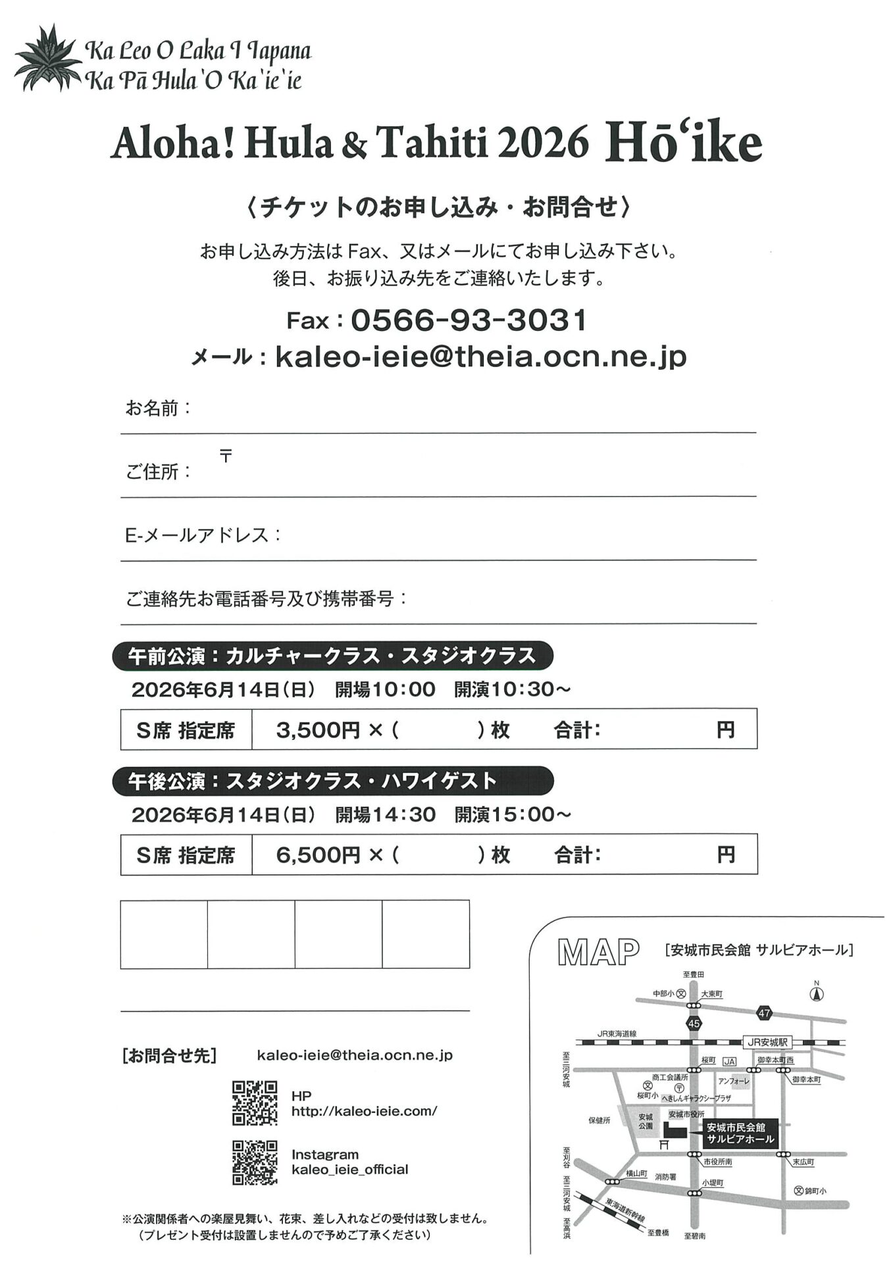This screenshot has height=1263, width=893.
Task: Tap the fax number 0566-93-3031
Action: pyautogui.click(x=469, y=320)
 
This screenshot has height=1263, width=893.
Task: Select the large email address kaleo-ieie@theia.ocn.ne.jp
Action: pyautogui.click(x=480, y=357)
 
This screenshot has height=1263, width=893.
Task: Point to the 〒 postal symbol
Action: pyautogui.click(x=226, y=455)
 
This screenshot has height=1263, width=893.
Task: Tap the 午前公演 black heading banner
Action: pyautogui.click(x=332, y=656)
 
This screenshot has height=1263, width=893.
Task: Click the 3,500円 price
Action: pyautogui.click(x=318, y=730)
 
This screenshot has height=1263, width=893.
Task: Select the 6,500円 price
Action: pyautogui.click(x=318, y=854)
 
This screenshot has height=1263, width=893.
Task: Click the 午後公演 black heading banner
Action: pyautogui.click(x=332, y=781)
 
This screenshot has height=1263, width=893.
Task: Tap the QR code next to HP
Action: pyautogui.click(x=255, y=1103)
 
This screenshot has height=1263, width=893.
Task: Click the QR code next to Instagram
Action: pyautogui.click(x=255, y=1162)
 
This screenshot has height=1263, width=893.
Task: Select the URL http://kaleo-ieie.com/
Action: pyautogui.click(x=364, y=1111)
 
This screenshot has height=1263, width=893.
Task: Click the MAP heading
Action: pyautogui.click(x=598, y=952)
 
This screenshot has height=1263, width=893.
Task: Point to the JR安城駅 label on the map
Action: pyautogui.click(x=767, y=1043)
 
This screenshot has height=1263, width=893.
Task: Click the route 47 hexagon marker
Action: pyautogui.click(x=763, y=1013)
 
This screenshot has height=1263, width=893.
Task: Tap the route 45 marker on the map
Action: pyautogui.click(x=694, y=1024)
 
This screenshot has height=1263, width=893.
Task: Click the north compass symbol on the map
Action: pyautogui.click(x=817, y=993)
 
